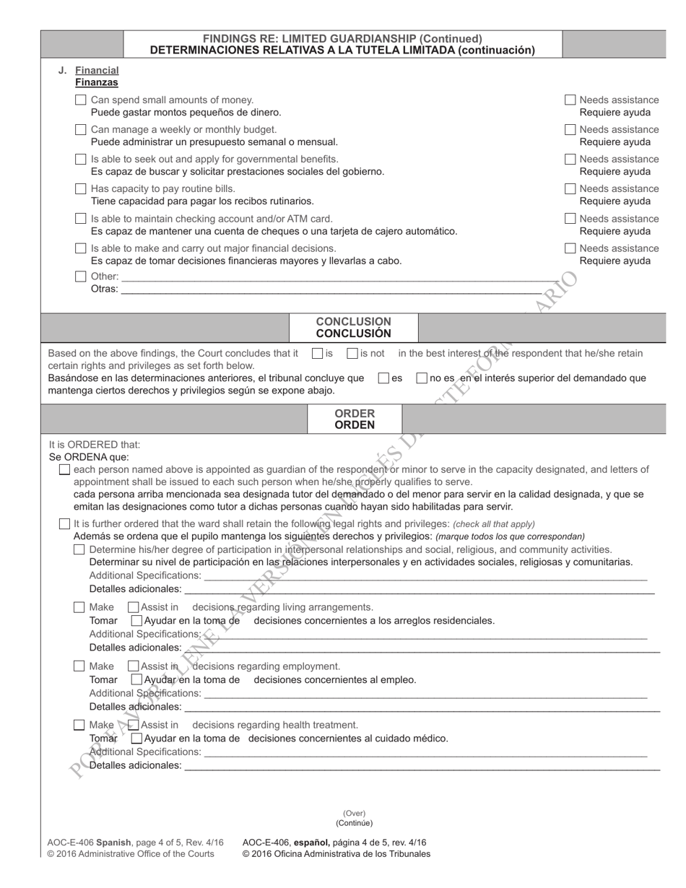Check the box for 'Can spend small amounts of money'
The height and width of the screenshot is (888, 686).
pyautogui.click(x=80, y=100)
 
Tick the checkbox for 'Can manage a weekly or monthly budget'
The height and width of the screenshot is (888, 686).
pyautogui.click(x=80, y=130)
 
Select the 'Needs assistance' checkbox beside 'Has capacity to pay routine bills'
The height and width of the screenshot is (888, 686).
pyautogui.click(x=570, y=189)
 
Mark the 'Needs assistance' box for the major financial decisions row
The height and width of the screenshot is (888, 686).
pyautogui.click(x=570, y=249)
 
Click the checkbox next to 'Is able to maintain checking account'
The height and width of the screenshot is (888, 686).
pyautogui.click(x=80, y=219)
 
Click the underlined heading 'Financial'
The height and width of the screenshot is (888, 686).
pyautogui.click(x=97, y=71)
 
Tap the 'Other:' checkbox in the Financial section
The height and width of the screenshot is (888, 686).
pyautogui.click(x=80, y=277)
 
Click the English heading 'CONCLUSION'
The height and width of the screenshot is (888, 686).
pyautogui.click(x=353, y=321)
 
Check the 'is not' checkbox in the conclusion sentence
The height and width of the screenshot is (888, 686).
pyautogui.click(x=352, y=354)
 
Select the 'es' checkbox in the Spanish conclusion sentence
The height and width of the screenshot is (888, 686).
pyautogui.click(x=383, y=378)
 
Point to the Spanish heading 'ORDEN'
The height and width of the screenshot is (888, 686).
pyautogui.click(x=354, y=425)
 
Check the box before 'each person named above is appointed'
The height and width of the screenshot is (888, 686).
pyautogui.click(x=64, y=470)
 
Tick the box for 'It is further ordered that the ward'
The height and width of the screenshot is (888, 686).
pyautogui.click(x=64, y=524)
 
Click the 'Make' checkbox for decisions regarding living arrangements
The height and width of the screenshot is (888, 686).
pyautogui.click(x=79, y=607)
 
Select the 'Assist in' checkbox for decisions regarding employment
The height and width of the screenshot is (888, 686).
pyautogui.click(x=133, y=666)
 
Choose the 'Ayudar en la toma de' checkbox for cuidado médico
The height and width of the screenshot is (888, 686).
pyautogui.click(x=136, y=739)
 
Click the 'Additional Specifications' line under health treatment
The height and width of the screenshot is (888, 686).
pyautogui.click(x=426, y=752)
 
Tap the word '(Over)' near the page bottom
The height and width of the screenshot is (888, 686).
pyautogui.click(x=354, y=813)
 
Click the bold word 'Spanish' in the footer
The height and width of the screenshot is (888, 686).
pyautogui.click(x=113, y=843)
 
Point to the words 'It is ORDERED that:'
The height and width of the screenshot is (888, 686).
pyautogui.click(x=95, y=445)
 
